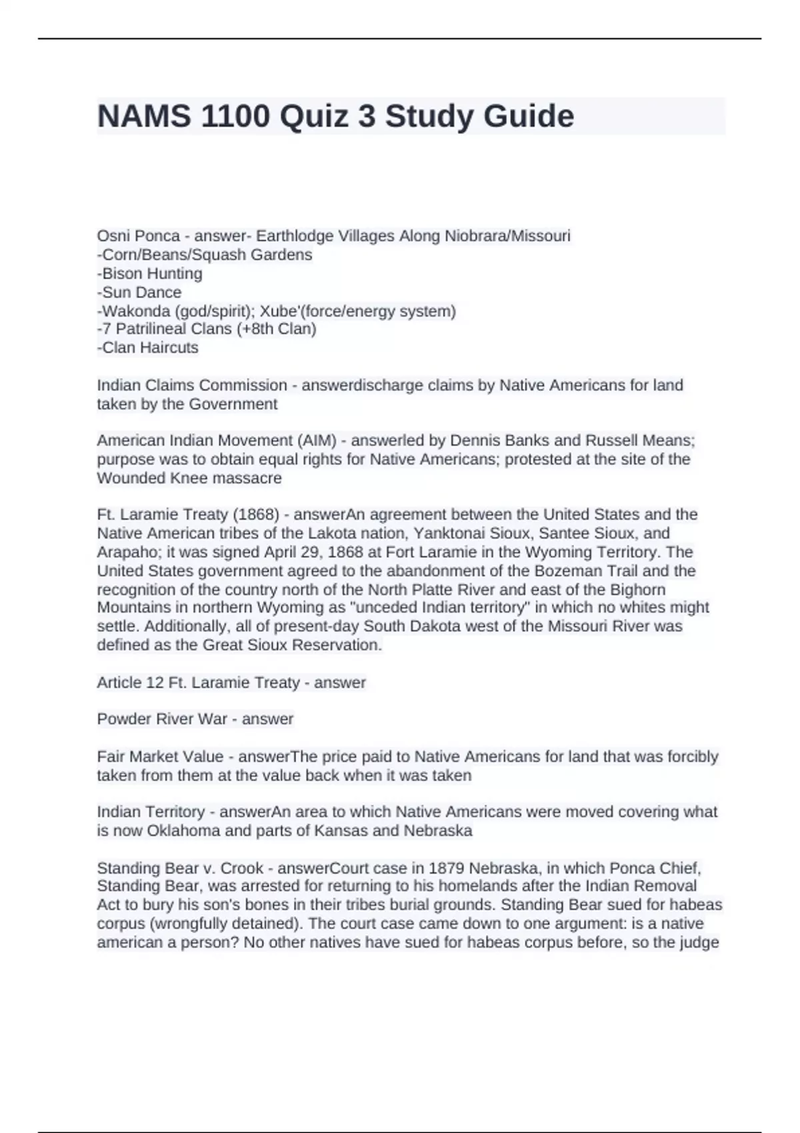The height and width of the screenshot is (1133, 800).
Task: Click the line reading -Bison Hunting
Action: (149, 273)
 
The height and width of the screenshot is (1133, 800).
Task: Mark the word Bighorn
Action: (637, 590)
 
